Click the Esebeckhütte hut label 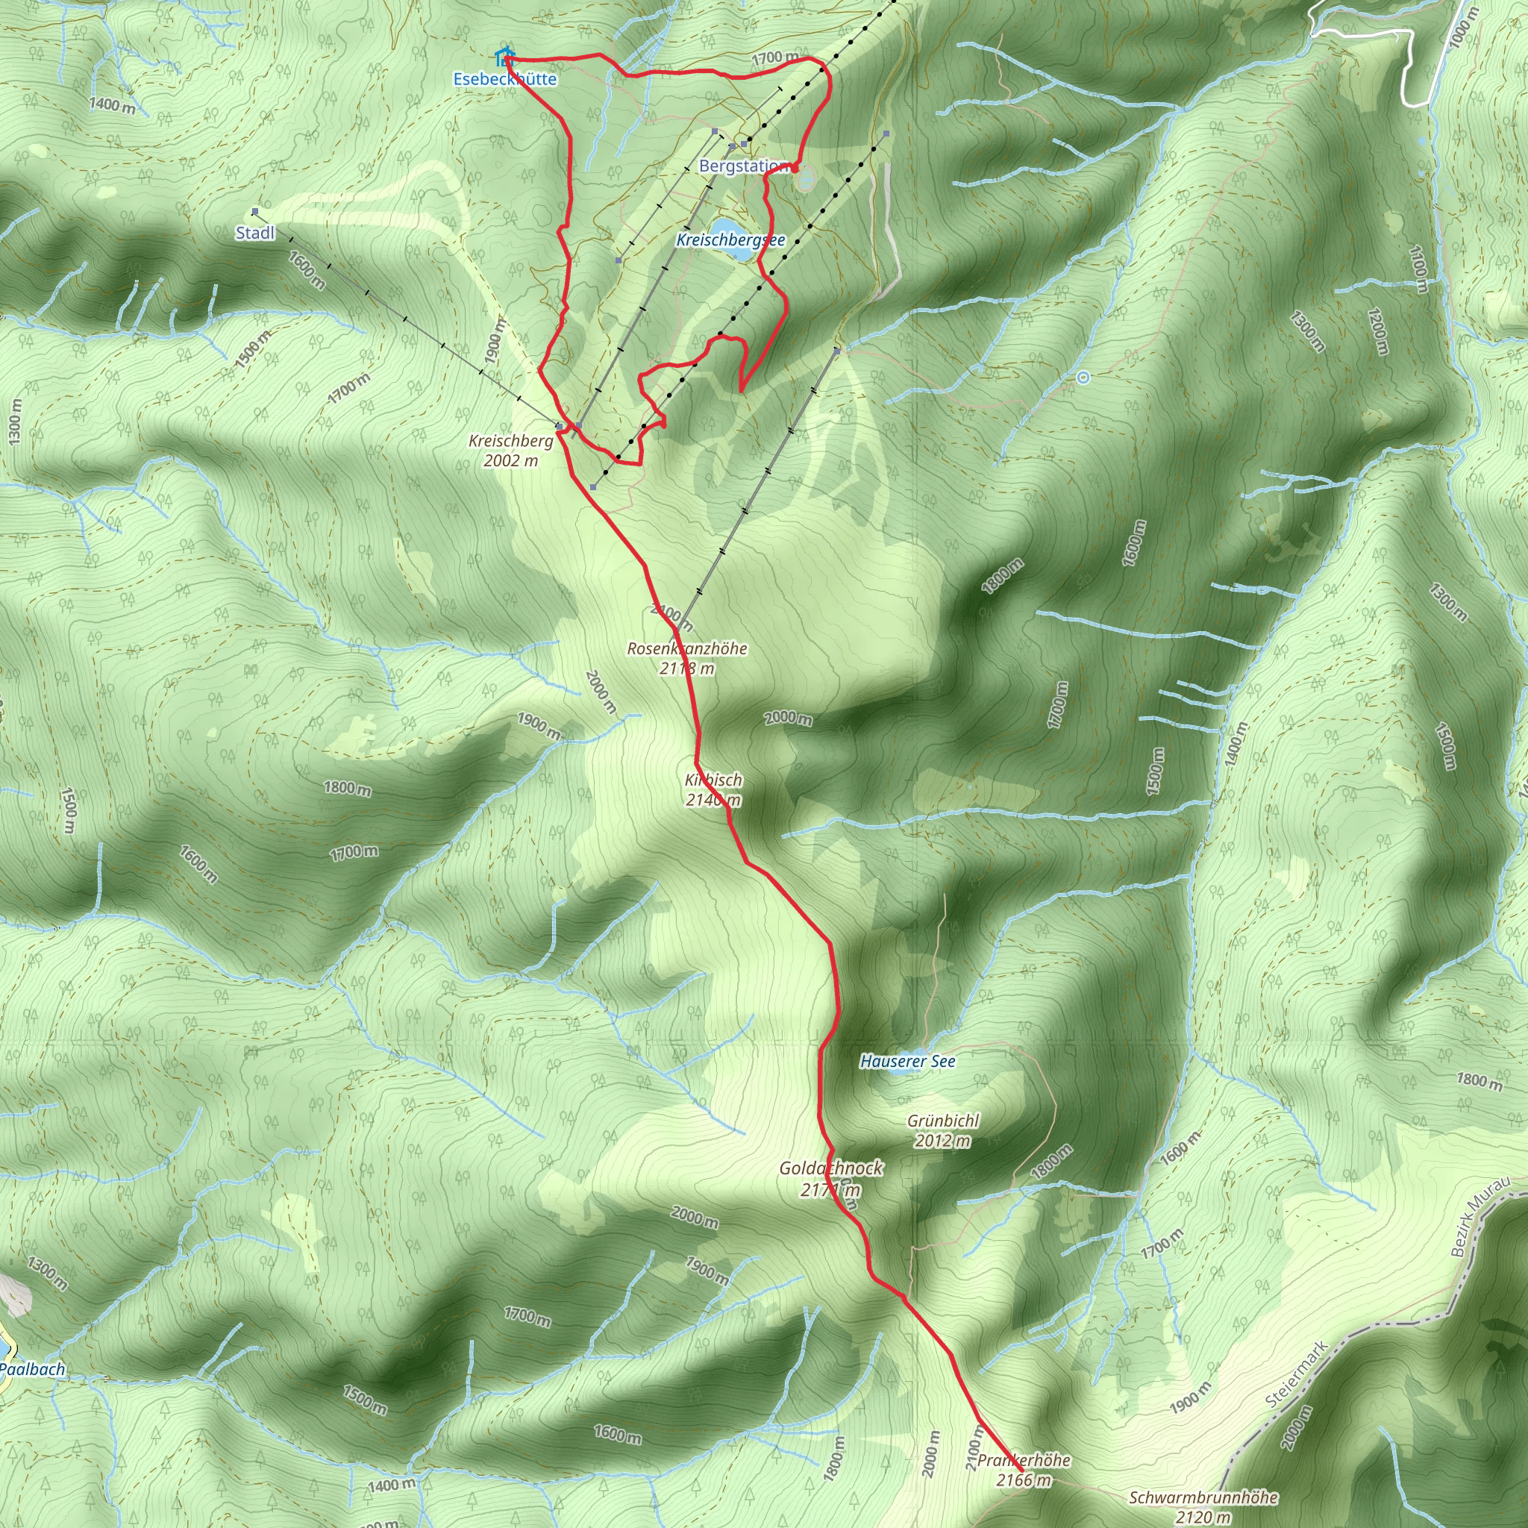tap(504, 79)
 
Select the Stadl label tap(255, 233)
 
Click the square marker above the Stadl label tap(254, 212)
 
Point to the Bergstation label tap(743, 167)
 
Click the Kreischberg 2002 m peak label tap(511, 451)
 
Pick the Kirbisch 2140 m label tap(713, 789)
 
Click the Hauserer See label tap(907, 1062)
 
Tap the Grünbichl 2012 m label tap(943, 1131)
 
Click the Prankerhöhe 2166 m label tap(1024, 1471)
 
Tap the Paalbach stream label tap(32, 1369)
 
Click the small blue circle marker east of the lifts tap(1083, 378)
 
